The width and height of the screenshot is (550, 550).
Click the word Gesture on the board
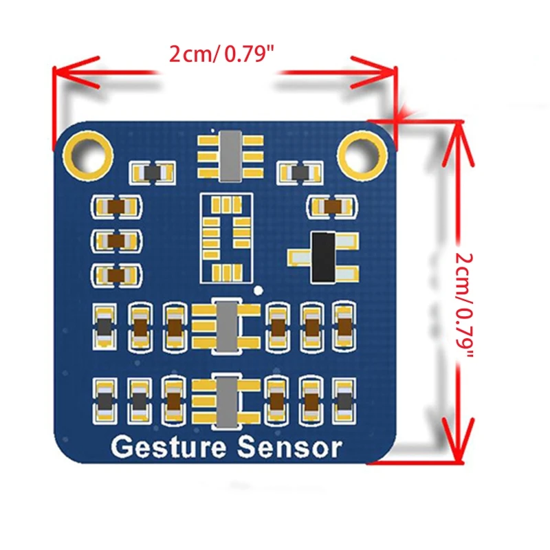168,448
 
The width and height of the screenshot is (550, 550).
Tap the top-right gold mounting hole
362,153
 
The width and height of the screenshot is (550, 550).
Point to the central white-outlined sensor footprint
225,238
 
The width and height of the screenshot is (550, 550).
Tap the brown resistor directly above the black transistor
332,206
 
